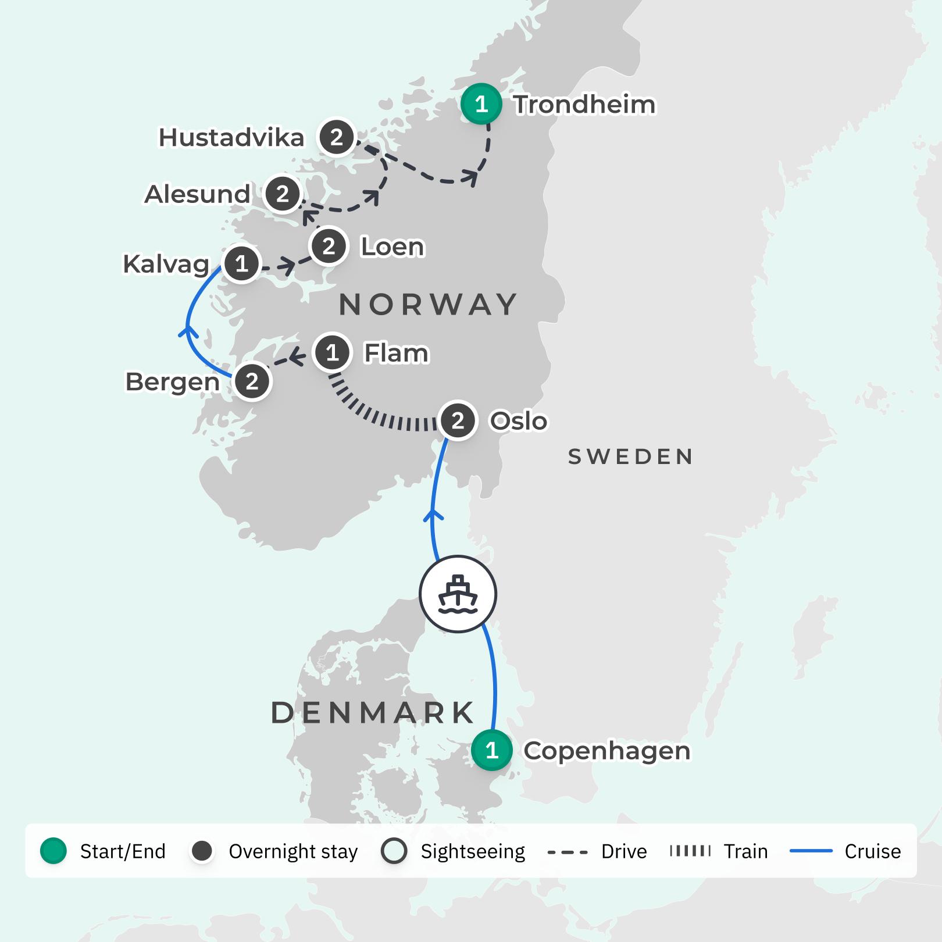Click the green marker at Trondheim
[481, 104]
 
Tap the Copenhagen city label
[606, 751]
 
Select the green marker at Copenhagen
[492, 751]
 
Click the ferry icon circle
[458, 594]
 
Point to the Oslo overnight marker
[458, 420]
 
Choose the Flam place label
[396, 353]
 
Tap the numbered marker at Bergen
[252, 381]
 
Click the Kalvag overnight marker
[241, 264]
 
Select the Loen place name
[392, 247]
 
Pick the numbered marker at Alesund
[283, 194]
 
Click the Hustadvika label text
[231, 138]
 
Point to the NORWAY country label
[428, 305]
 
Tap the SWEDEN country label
[630, 457]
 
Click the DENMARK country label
[373, 713]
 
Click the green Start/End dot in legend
[53, 851]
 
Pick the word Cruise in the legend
[872, 851]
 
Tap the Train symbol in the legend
[690, 851]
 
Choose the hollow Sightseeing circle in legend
[394, 851]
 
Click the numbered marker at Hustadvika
[337, 138]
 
